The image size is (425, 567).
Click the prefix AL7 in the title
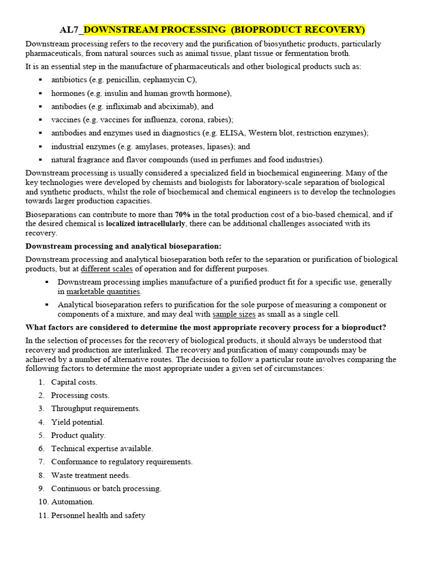(x=70, y=29)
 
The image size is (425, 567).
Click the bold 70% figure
(x=183, y=214)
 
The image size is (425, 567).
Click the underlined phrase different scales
(x=107, y=269)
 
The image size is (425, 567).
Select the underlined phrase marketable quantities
(x=103, y=291)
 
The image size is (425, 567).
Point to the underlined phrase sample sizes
(x=234, y=314)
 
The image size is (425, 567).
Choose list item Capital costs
(x=74, y=382)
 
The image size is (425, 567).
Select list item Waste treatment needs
(x=91, y=475)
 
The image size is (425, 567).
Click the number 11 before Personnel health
(x=43, y=516)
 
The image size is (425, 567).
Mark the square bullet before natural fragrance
(x=40, y=159)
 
